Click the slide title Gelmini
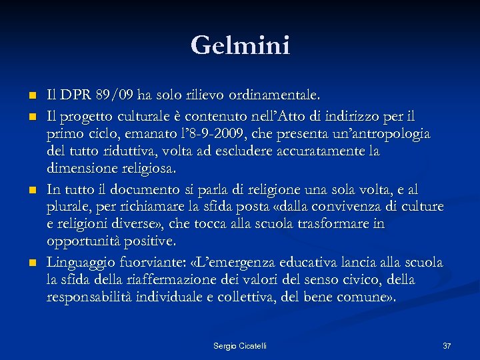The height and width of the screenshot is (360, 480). tap(240, 45)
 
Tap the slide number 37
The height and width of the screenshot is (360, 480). tap(447, 345)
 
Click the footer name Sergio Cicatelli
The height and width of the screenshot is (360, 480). tap(240, 345)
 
